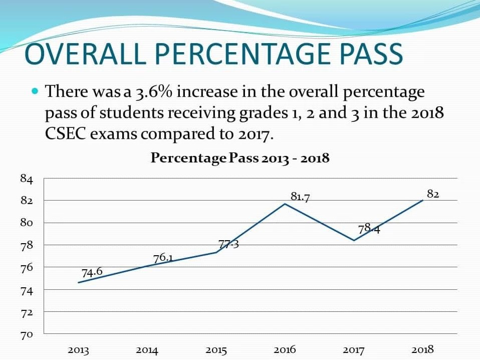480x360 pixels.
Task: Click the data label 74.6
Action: point(92,272)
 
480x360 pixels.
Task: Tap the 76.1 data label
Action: point(163,258)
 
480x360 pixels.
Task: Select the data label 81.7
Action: point(300,197)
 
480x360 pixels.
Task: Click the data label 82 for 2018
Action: point(433,194)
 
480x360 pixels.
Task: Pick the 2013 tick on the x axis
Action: point(78,350)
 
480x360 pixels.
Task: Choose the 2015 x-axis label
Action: point(216,350)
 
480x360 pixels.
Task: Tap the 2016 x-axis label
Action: point(285,350)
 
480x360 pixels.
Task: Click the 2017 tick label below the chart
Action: point(354,350)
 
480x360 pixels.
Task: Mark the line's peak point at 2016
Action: point(285,204)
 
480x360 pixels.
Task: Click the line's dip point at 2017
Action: point(354,241)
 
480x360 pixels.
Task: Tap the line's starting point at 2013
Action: point(78,283)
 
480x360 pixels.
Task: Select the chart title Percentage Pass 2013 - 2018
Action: point(240,158)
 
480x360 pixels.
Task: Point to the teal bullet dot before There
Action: point(35,92)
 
